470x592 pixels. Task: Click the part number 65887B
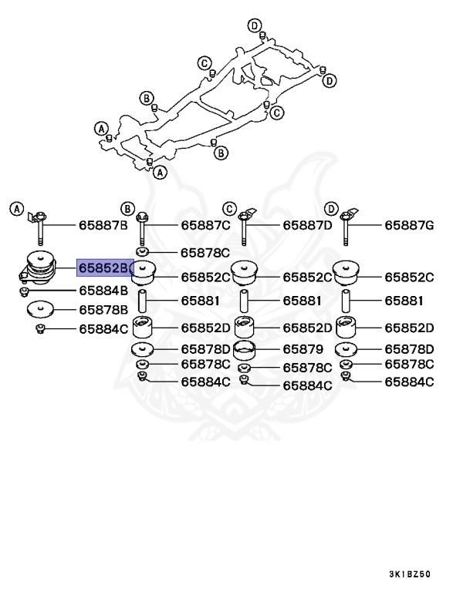[x=103, y=226]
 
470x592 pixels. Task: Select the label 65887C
[x=205, y=226]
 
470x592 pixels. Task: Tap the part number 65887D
[x=306, y=226]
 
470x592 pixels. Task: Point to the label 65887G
[x=410, y=226]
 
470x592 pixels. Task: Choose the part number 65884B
[x=103, y=291]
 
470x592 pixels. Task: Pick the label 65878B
[x=103, y=310]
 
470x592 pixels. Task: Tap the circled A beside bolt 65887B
[x=17, y=208]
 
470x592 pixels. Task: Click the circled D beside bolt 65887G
[x=330, y=208]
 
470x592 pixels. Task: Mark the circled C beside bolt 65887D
[x=228, y=208]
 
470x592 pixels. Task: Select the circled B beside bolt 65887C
[x=127, y=208]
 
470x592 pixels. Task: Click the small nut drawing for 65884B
[x=25, y=291]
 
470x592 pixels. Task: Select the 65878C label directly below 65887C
[x=205, y=252]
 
